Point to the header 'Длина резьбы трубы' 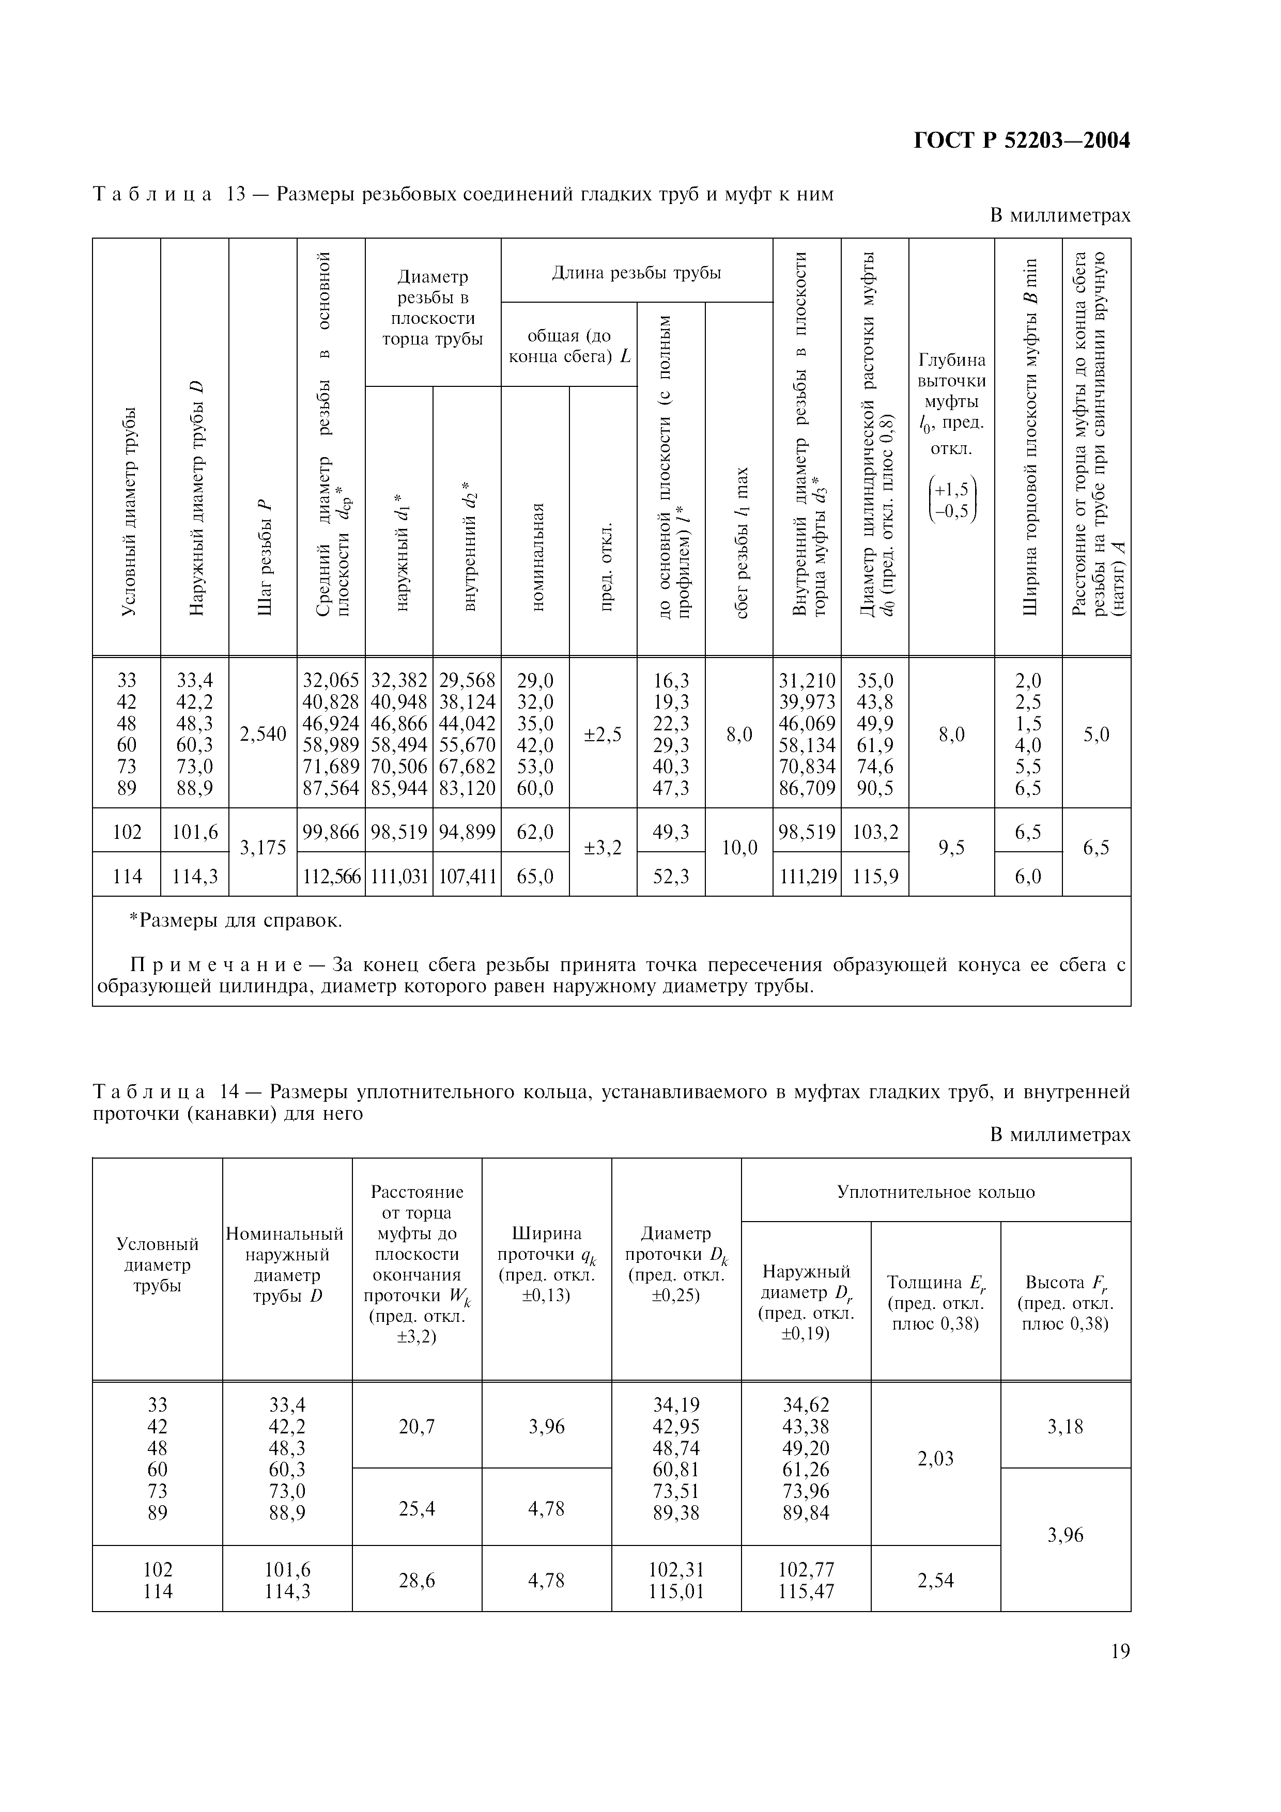pyautogui.click(x=636, y=273)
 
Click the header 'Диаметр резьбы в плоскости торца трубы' pyautogui.click(x=433, y=308)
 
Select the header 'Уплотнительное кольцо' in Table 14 pyautogui.click(x=935, y=1192)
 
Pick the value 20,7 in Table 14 pyautogui.click(x=416, y=1426)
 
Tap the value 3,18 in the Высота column pyautogui.click(x=1064, y=1426)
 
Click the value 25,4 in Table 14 pyautogui.click(x=416, y=1508)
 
